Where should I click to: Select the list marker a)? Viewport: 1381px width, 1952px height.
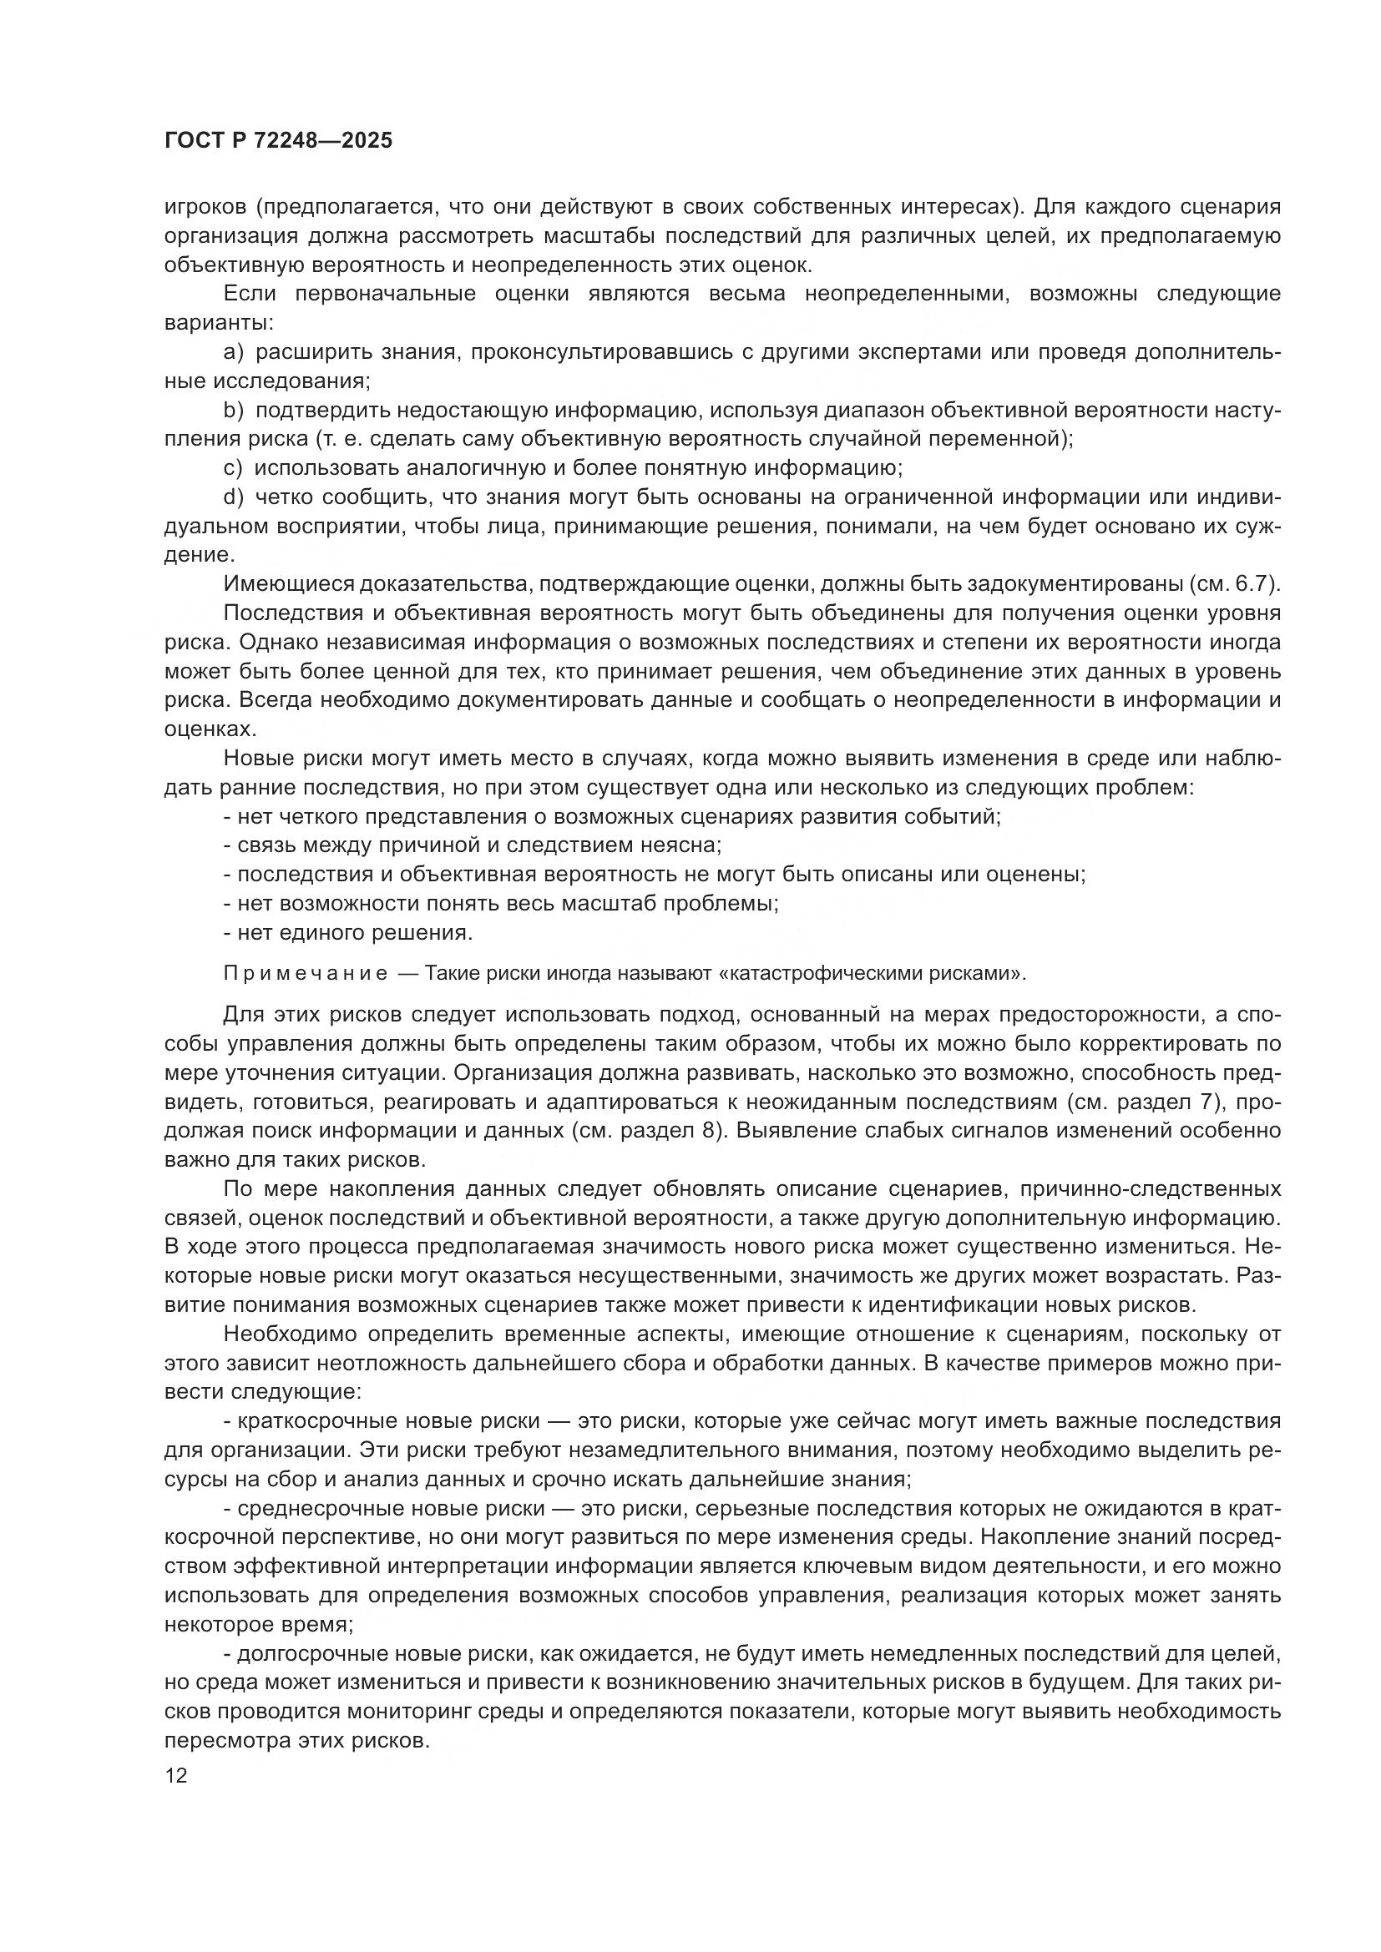tap(233, 352)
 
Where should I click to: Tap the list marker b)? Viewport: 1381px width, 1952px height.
tap(233, 411)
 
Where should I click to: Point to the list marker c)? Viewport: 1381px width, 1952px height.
tap(232, 468)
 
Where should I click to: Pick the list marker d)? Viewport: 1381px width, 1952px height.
tap(233, 497)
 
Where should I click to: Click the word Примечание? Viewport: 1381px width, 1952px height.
tap(306, 973)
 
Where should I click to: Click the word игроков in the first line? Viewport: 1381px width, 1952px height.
tap(204, 207)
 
